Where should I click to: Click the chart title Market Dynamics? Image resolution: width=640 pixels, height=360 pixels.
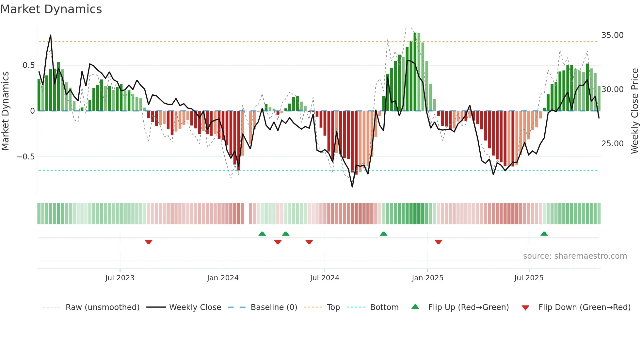click(51, 9)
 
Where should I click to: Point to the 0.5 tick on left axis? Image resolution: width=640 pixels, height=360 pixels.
click(28, 65)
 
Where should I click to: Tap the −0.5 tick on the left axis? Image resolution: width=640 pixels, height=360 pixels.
click(26, 157)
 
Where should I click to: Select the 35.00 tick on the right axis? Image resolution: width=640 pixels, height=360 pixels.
click(612, 35)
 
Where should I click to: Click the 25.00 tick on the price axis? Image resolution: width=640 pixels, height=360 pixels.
click(612, 144)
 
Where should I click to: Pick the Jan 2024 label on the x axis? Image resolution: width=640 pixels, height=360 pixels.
click(223, 278)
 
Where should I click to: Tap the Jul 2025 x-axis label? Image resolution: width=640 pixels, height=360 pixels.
click(529, 278)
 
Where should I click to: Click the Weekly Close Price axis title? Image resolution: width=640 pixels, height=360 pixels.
click(634, 111)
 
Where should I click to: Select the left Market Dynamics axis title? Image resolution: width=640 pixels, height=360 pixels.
click(5, 111)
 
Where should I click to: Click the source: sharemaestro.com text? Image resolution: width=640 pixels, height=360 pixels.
click(575, 256)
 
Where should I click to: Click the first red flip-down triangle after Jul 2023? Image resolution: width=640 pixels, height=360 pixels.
click(149, 242)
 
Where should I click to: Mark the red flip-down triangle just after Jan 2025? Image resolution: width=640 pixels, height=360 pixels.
click(439, 242)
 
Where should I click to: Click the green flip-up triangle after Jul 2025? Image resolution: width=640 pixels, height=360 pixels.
click(544, 234)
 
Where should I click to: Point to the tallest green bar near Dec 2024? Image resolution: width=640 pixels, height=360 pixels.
click(415, 72)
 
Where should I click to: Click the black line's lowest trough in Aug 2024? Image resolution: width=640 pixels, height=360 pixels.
click(352, 187)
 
